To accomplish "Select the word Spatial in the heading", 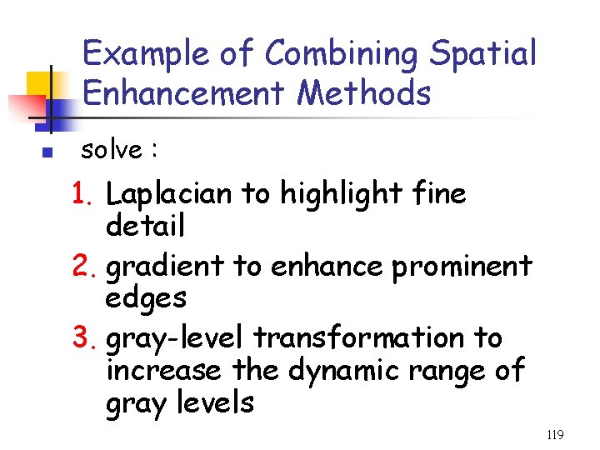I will coord(483,53).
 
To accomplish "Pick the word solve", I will coord(111,151).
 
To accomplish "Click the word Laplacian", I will coord(170,194).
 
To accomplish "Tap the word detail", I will coord(145,225).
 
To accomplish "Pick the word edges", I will coord(146,298).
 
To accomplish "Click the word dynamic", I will coord(342,370).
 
